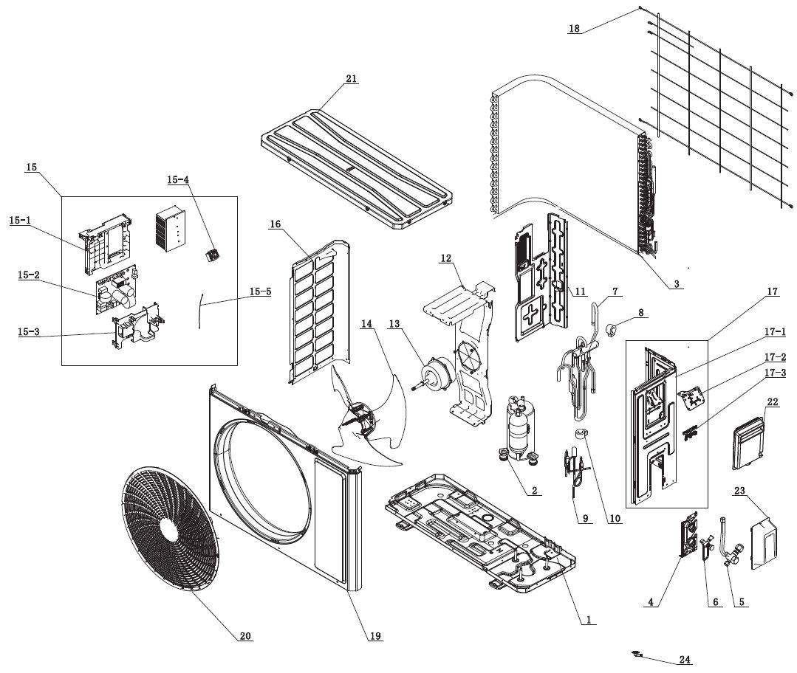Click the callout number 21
pos(351,79)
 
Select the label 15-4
pos(178,179)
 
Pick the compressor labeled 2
pos(518,428)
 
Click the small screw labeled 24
pos(637,653)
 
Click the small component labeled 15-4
pos(213,255)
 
